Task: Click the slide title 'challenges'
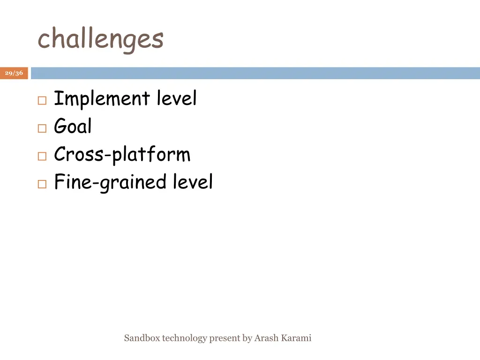point(100,39)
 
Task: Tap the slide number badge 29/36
point(14,73)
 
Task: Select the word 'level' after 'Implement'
point(177,98)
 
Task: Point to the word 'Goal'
point(73,126)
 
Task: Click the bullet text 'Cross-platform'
point(122,155)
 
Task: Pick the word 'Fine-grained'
point(110,182)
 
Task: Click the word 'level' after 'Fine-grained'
point(193,182)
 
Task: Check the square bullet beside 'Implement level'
point(42,101)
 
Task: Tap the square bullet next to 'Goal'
point(42,128)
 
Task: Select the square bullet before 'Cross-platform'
point(42,157)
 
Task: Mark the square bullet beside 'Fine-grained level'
point(42,184)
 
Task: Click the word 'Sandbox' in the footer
point(142,338)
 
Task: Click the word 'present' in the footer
point(224,338)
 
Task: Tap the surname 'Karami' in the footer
point(296,338)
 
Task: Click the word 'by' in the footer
point(247,338)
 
